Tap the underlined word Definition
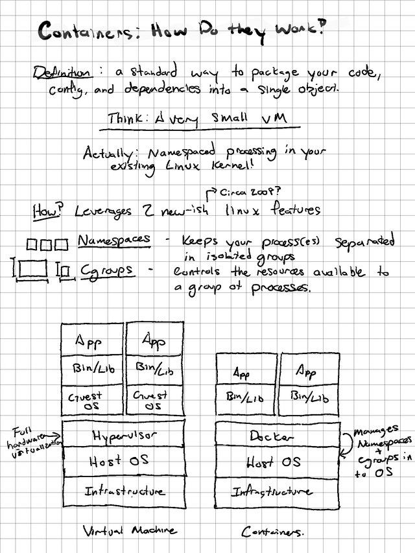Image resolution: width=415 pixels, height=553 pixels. click(62, 73)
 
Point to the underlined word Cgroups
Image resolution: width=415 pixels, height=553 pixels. click(108, 269)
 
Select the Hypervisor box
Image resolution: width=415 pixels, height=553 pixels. click(123, 435)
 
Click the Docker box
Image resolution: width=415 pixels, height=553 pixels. click(276, 436)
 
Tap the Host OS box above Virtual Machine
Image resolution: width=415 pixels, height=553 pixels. click(123, 460)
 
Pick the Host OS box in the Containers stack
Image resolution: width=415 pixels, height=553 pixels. click(276, 462)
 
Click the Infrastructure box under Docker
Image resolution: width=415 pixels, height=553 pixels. click(276, 492)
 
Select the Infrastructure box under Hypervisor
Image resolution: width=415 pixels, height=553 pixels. click(123, 491)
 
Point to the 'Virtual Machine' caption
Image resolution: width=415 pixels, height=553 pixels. click(130, 530)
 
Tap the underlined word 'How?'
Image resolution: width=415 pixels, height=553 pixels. click(46, 211)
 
